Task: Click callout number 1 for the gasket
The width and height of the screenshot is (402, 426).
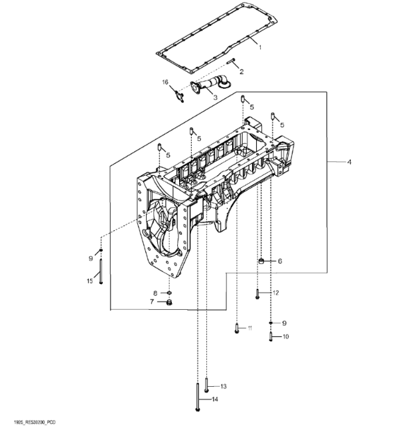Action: click(260, 47)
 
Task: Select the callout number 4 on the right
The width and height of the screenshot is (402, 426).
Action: click(350, 162)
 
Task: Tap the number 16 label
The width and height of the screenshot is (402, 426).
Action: click(165, 82)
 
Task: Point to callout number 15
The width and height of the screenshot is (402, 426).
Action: click(90, 282)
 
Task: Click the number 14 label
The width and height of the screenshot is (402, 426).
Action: click(214, 399)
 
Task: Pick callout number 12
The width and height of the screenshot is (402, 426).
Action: click(275, 293)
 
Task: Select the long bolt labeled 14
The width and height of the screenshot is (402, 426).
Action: click(197, 394)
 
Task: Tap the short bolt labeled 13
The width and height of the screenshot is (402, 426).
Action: click(206, 386)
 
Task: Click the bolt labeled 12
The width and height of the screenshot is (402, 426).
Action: click(257, 294)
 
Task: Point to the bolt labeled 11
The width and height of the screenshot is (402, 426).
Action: click(237, 328)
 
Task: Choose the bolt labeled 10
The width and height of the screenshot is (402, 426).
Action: click(271, 336)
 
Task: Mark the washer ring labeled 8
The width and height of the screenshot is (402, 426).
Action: click(169, 292)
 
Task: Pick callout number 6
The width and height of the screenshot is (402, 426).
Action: click(280, 261)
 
